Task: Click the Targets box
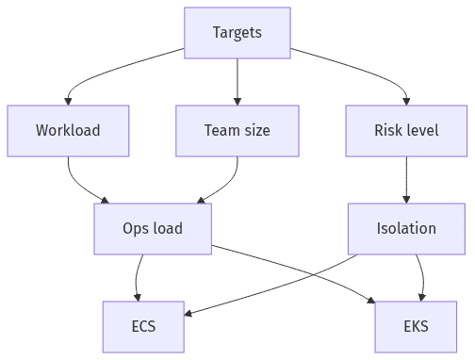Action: point(237,33)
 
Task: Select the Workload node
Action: point(68,130)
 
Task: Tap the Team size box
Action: point(237,130)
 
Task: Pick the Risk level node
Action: point(406,130)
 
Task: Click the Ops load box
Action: point(153,228)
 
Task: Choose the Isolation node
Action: point(406,228)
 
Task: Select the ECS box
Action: point(143,326)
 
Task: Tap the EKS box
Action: point(416,326)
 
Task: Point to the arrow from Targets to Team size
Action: point(237,81)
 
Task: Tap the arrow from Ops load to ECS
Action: point(139,278)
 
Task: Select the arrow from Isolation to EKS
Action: point(420,278)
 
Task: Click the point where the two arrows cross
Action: point(299,275)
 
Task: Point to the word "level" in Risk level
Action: point(421,130)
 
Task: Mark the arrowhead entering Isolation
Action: point(406,199)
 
